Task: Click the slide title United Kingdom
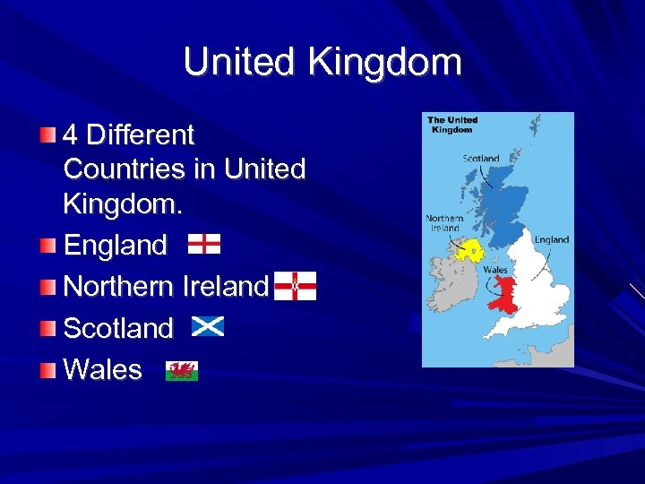322,63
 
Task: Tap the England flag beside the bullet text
204,244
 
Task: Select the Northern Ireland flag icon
295,286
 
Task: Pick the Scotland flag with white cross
208,327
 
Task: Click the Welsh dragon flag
182,369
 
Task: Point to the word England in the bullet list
116,245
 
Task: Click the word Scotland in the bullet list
118,328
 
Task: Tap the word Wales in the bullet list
103,369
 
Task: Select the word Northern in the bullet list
119,286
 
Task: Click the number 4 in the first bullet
71,135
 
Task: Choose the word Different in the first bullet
141,135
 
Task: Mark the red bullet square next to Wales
47,369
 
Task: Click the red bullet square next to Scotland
47,328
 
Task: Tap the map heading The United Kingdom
452,125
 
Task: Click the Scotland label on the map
481,159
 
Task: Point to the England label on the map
551,239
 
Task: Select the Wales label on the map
495,270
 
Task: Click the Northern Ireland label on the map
444,222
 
